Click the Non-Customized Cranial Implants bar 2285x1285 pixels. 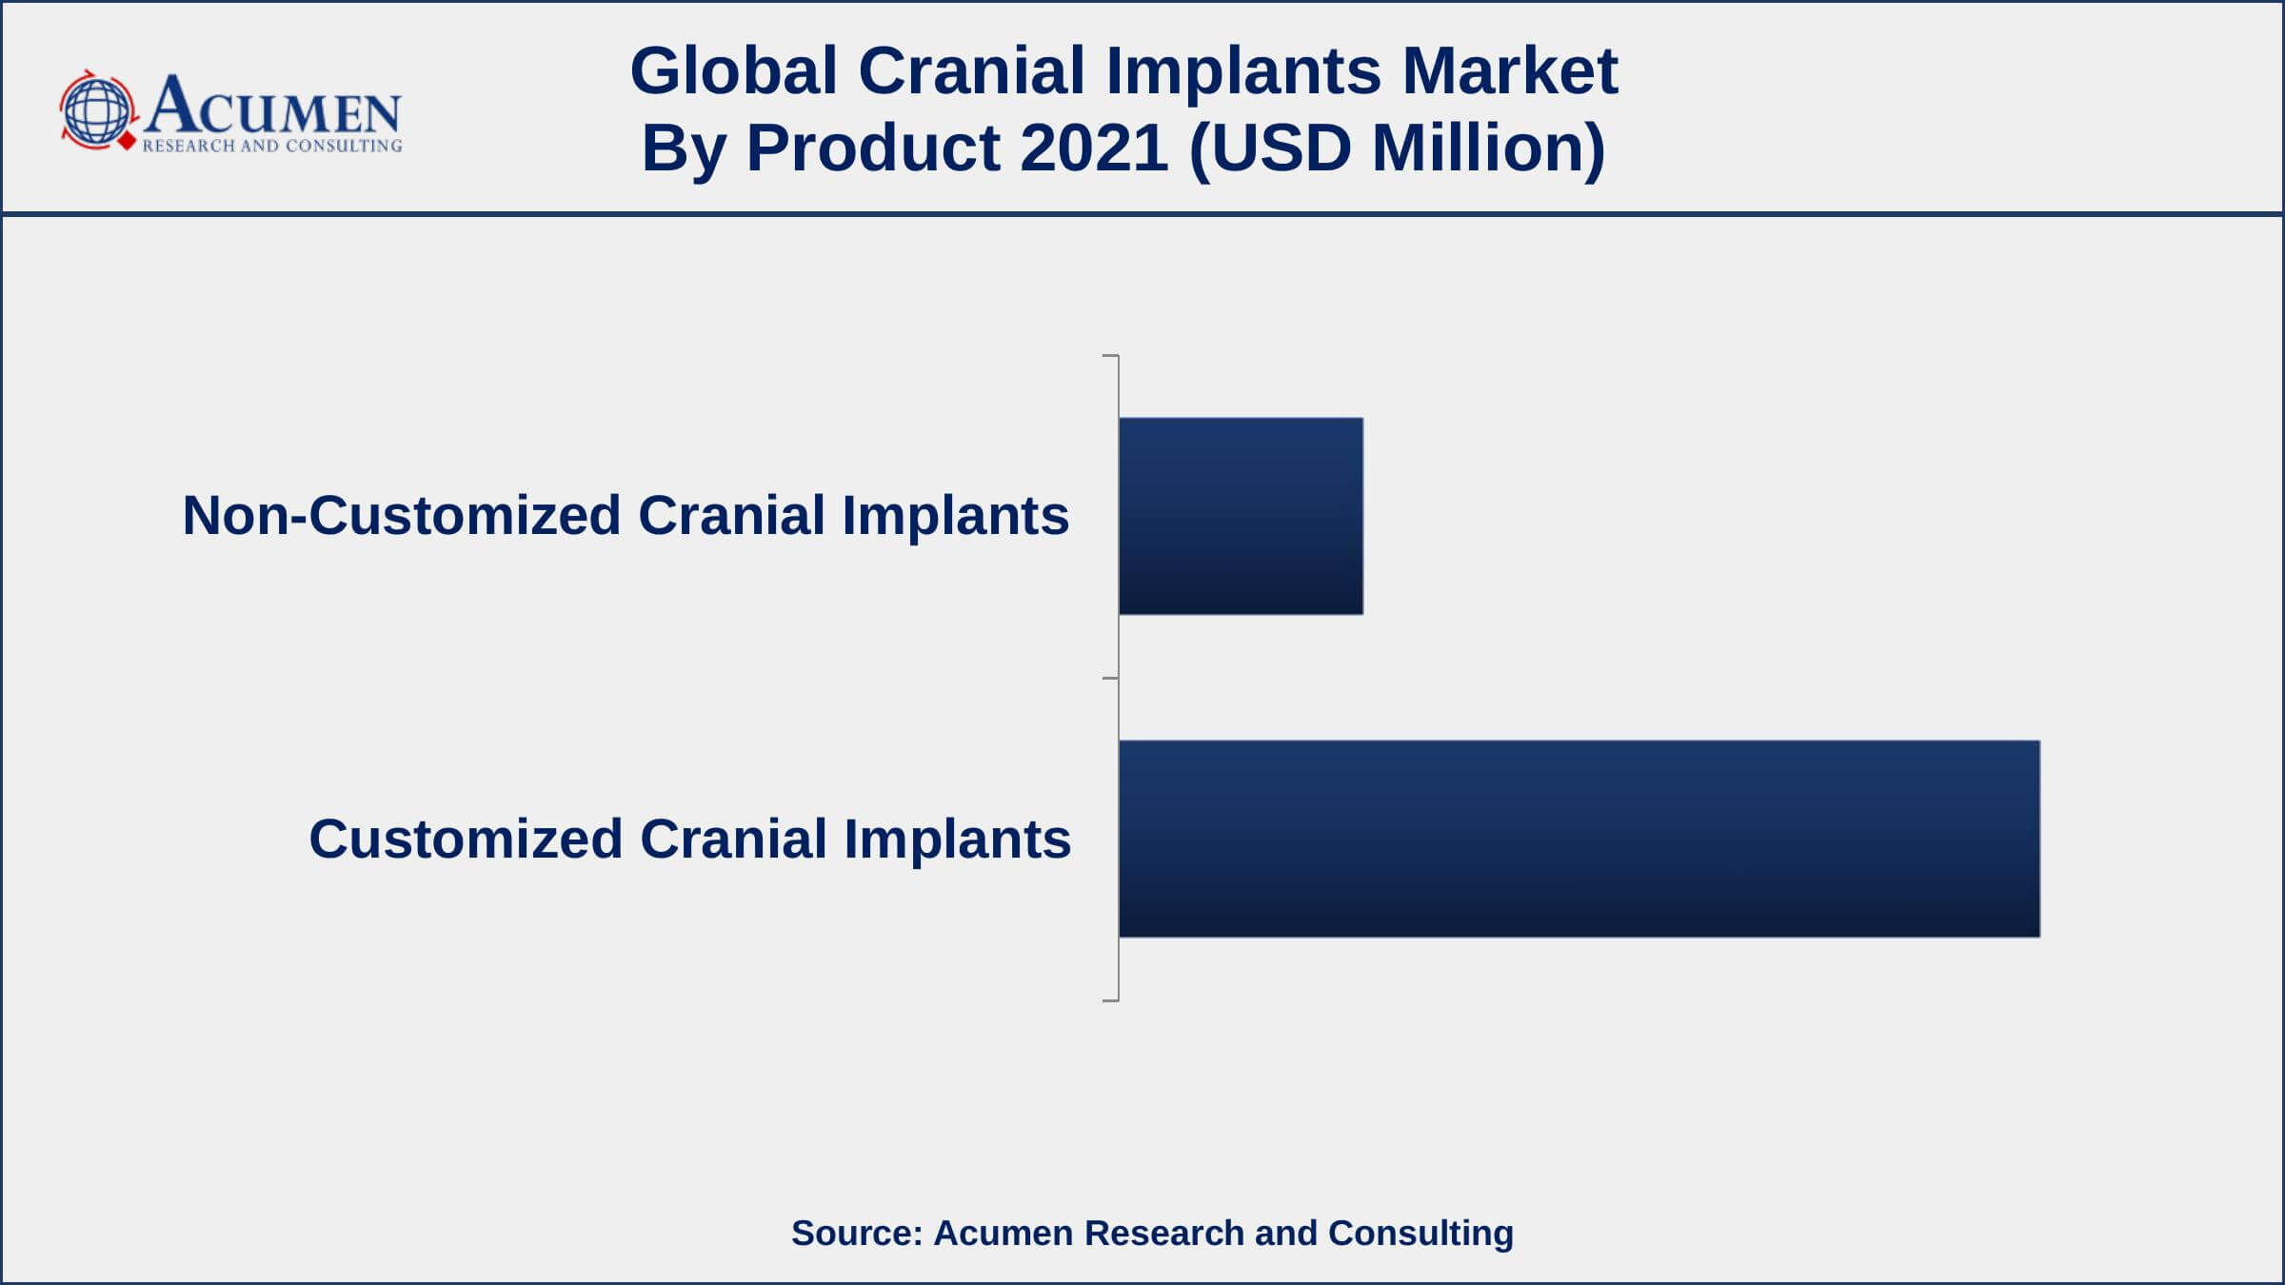coord(1241,516)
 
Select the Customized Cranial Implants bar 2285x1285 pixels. coord(1580,839)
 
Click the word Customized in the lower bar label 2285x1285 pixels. coord(466,839)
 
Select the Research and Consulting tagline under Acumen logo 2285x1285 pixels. coord(272,146)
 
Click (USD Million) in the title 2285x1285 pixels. coord(1398,148)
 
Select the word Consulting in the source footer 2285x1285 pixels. coord(1421,1234)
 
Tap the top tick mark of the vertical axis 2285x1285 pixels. coord(1110,356)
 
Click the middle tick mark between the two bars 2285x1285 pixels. coord(1110,679)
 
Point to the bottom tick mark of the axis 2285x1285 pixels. coord(1110,1000)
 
